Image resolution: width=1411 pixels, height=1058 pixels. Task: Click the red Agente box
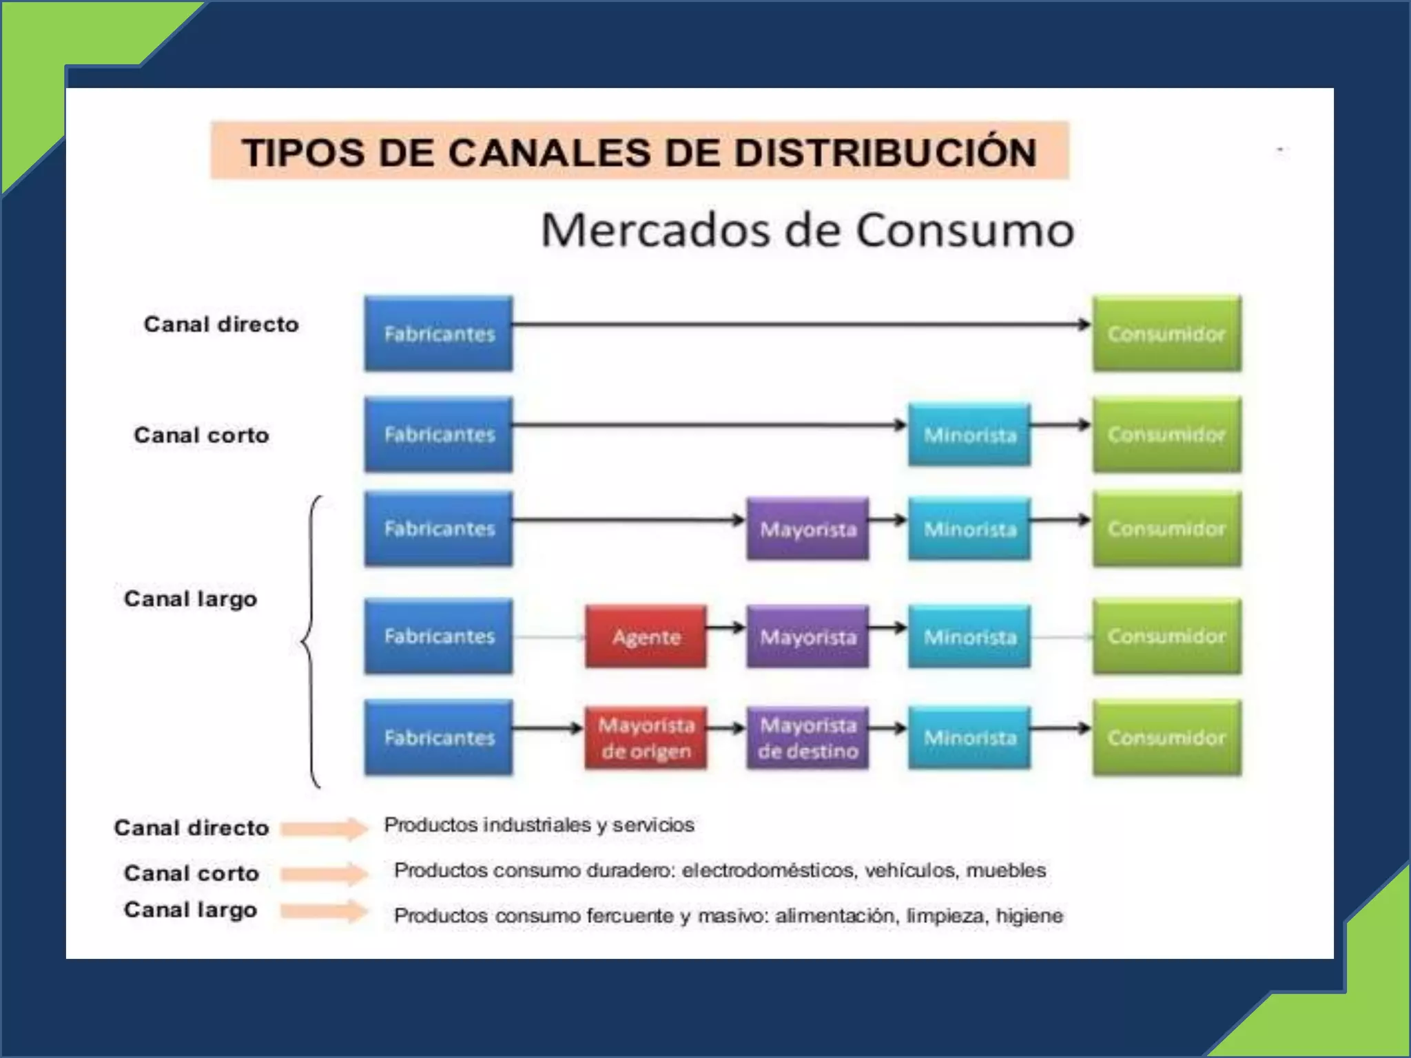(x=646, y=636)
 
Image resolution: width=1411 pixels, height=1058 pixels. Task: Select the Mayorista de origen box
(x=646, y=738)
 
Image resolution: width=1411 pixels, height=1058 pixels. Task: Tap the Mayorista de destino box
(x=807, y=738)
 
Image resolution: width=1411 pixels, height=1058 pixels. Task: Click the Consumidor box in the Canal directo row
(x=1166, y=334)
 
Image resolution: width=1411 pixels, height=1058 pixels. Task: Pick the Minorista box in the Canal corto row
(x=969, y=435)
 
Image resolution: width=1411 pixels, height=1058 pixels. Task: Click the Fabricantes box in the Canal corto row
(x=439, y=435)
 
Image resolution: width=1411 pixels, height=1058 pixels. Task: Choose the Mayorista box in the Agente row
(x=807, y=636)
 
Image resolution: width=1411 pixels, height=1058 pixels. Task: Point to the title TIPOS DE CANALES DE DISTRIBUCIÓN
(x=639, y=152)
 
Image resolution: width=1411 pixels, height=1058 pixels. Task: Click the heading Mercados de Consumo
(x=807, y=230)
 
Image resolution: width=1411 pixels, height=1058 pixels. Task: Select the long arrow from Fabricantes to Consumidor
(x=799, y=324)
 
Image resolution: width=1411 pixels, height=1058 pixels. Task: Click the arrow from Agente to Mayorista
(x=725, y=627)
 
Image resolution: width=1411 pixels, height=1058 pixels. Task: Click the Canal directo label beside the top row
(x=221, y=324)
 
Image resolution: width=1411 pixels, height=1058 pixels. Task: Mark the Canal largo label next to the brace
(x=190, y=599)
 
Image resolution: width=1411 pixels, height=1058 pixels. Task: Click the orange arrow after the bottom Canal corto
(x=324, y=874)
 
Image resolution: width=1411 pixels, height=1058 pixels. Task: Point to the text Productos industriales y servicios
(x=539, y=824)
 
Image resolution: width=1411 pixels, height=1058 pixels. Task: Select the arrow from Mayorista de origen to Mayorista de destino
(x=725, y=727)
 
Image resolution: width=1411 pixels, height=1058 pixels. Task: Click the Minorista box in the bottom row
(x=969, y=738)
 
